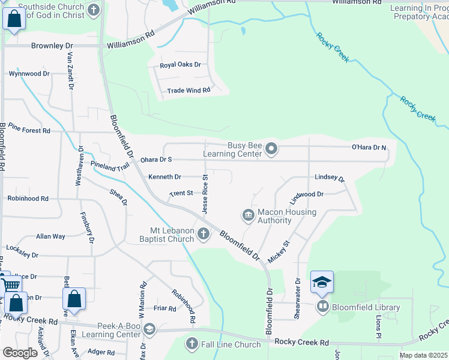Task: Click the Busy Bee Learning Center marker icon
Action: point(271,148)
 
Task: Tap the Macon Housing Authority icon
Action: point(247,214)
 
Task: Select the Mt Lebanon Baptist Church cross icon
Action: point(203,234)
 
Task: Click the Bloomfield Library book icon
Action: point(323,307)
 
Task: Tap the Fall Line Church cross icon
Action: point(191,344)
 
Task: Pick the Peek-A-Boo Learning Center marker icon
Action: point(149,329)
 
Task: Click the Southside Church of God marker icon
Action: point(93,10)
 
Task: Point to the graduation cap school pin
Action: point(322,283)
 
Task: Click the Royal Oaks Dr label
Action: point(179,65)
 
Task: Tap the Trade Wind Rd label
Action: point(188,90)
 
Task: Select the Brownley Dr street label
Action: point(52,46)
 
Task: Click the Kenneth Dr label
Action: point(164,177)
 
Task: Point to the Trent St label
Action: point(181,193)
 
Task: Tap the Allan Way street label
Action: point(50,236)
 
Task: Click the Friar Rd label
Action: point(164,308)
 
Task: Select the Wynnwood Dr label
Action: point(29,74)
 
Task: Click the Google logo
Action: point(20,353)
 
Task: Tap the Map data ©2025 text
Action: point(424,355)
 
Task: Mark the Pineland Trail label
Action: point(110,166)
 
